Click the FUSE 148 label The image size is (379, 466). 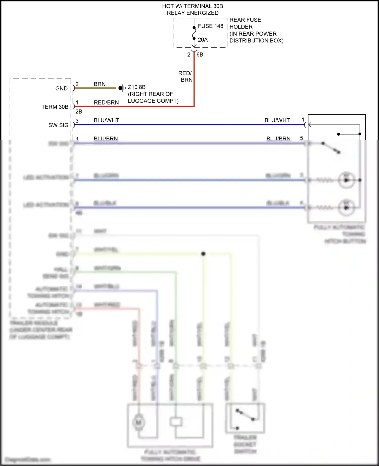210,26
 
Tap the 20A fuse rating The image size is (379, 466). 203,40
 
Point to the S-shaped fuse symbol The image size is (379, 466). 194,33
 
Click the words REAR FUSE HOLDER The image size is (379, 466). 245,23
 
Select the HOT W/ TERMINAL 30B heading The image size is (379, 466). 193,6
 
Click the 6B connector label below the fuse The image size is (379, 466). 200,55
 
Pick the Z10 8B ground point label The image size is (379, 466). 137,87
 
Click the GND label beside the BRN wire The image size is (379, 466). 61,89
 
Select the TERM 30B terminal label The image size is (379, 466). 55,107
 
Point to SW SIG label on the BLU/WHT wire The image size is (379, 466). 58,125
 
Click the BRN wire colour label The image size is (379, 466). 100,84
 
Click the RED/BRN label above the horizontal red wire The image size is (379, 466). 106,102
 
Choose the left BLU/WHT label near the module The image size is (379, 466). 106,120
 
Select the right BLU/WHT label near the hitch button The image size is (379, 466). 277,120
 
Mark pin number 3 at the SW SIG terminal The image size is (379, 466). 77,121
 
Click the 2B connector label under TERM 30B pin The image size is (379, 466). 79,112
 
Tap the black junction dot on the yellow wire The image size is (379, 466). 203,254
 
